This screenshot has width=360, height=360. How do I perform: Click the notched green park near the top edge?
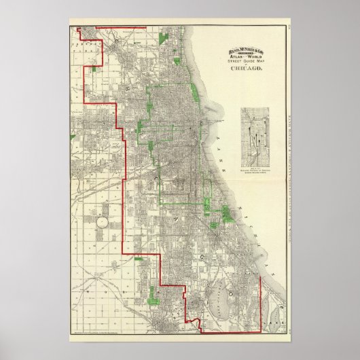click(163, 39)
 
